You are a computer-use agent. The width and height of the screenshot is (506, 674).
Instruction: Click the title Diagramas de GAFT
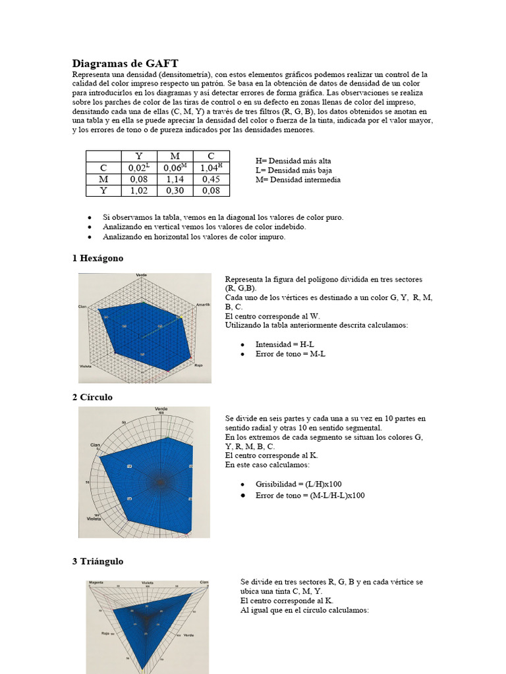[125, 63]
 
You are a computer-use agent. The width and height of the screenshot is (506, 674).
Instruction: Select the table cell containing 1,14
[175, 178]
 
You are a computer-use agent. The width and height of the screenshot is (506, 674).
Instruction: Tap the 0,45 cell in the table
[211, 178]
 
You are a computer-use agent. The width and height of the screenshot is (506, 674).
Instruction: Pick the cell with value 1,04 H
[211, 167]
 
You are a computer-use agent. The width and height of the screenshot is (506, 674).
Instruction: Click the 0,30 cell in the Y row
[175, 190]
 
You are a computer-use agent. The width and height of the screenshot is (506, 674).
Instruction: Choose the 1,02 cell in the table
[138, 190]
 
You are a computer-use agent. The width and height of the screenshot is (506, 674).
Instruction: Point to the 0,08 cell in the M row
[138, 178]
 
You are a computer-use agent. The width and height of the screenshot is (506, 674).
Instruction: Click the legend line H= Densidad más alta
[293, 161]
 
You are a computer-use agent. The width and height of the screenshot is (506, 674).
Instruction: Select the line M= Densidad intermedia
[298, 180]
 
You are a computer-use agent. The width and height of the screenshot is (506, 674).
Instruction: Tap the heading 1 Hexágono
[98, 258]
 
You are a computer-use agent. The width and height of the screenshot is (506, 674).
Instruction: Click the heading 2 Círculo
[92, 397]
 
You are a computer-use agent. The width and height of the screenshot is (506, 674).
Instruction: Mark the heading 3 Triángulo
[98, 561]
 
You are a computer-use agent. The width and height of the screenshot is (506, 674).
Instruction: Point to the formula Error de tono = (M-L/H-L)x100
[310, 495]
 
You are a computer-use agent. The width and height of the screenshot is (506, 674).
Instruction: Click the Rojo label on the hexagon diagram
[198, 365]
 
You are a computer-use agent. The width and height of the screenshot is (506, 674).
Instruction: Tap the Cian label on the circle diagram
[95, 446]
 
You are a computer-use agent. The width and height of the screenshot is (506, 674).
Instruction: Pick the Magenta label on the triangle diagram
[96, 583]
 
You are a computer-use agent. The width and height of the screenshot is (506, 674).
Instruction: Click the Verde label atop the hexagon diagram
[142, 274]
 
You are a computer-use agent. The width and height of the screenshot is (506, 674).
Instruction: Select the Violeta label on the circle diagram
[94, 519]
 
